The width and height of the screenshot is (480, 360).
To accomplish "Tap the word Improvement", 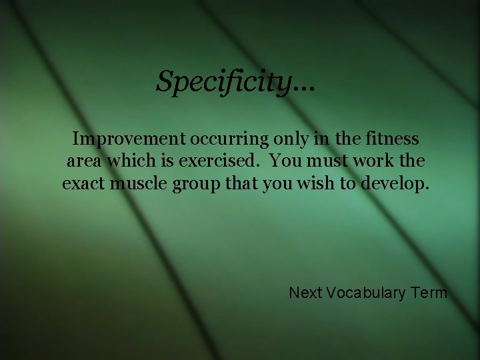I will (129, 139).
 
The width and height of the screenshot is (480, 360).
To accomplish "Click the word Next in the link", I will (306, 293).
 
